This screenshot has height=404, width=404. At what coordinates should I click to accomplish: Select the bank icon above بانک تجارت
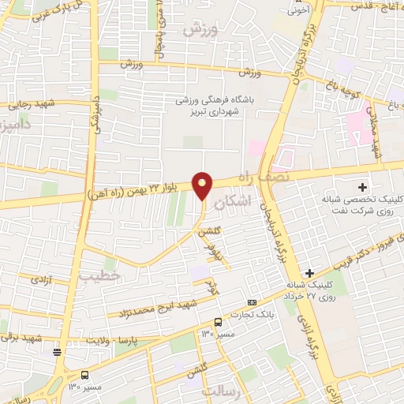point(252,302)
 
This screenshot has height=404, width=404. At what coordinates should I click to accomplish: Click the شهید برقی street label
point(21,337)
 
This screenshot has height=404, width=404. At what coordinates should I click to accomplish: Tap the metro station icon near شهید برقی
point(56,351)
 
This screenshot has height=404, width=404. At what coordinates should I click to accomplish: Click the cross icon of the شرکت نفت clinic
point(362,187)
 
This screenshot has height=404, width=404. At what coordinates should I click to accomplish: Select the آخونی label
point(297,11)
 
